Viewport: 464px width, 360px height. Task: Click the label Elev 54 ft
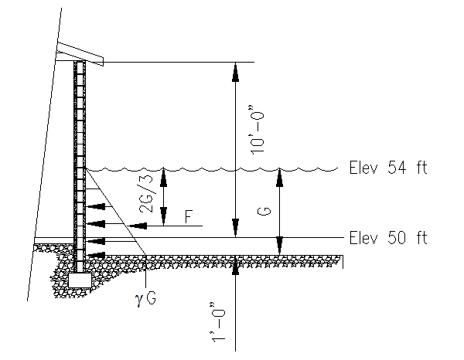[x=388, y=168]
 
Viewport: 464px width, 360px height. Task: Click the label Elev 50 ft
[x=388, y=238]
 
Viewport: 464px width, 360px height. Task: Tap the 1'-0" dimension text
[x=218, y=322]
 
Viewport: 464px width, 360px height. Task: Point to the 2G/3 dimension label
[x=147, y=194]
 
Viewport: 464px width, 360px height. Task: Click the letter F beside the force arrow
[x=189, y=216]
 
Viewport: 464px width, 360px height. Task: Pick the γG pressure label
[x=145, y=299]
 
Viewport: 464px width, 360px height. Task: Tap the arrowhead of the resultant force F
[x=137, y=226]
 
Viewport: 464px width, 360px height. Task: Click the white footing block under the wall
[x=80, y=280]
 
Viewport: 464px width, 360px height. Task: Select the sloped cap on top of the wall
[x=80, y=54]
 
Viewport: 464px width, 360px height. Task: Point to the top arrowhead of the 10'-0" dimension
[x=235, y=72]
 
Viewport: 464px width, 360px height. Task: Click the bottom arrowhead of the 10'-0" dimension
[x=235, y=228]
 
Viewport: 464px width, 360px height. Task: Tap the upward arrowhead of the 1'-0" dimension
[x=235, y=265]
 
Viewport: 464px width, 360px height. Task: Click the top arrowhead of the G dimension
[x=279, y=178]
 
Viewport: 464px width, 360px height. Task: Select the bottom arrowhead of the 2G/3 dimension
[x=163, y=216]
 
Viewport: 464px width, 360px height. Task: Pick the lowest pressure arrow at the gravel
[x=96, y=255]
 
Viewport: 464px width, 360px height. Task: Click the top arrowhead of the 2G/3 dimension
[x=163, y=178]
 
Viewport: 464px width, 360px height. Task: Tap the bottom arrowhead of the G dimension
[x=279, y=246]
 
